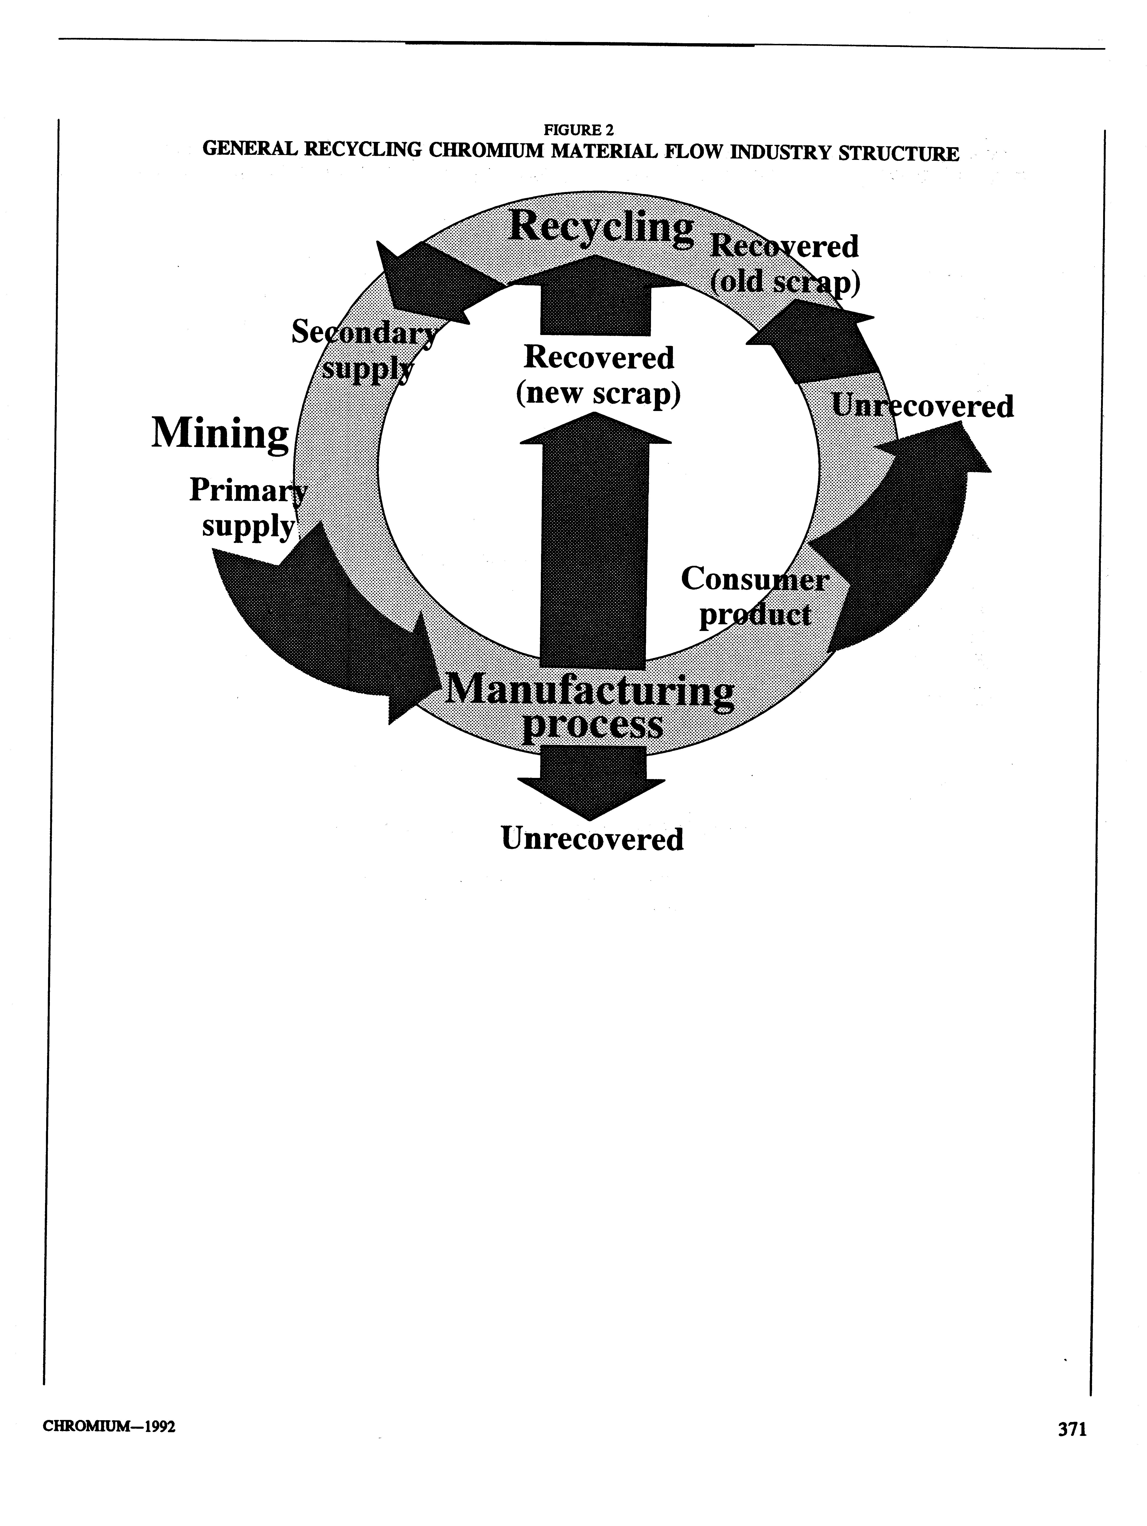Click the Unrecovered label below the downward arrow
click(x=592, y=839)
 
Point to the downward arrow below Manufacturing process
click(x=591, y=781)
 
